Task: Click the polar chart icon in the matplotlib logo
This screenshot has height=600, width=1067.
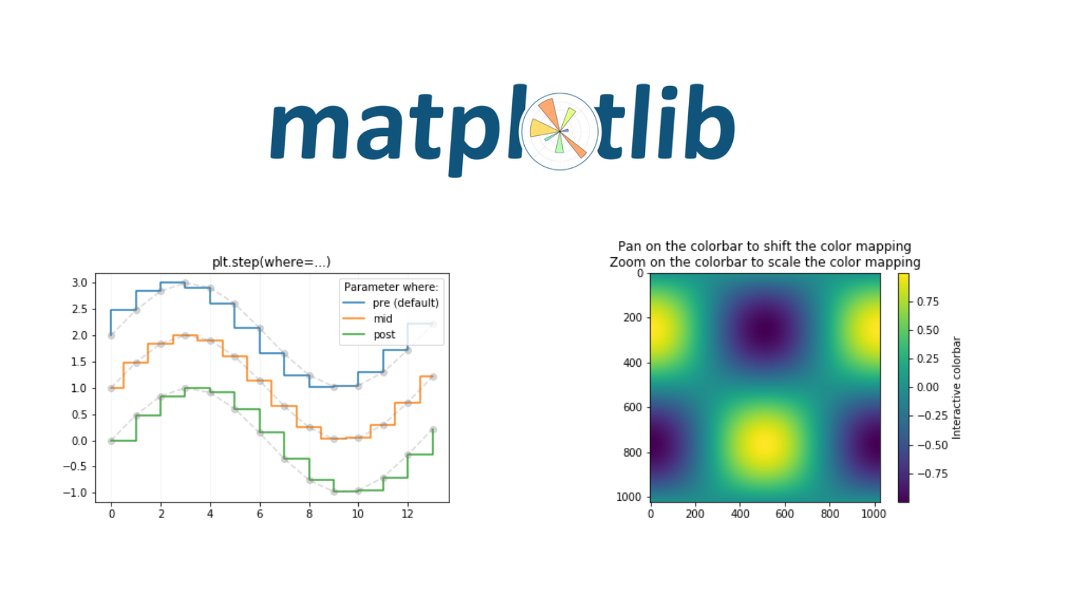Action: tap(560, 131)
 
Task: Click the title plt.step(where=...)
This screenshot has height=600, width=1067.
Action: tap(271, 262)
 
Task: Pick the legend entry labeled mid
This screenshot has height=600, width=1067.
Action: tap(367, 319)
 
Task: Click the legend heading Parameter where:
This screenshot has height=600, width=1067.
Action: tap(391, 287)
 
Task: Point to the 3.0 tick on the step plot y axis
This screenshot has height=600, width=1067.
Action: tap(79, 283)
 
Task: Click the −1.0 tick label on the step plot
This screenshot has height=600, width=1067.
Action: tap(76, 493)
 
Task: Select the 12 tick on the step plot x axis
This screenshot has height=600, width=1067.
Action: tap(407, 514)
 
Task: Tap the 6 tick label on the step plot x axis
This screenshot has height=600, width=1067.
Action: tap(259, 514)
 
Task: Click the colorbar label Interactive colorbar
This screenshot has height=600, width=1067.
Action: tap(956, 387)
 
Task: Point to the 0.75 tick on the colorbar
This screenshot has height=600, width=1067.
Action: tap(928, 302)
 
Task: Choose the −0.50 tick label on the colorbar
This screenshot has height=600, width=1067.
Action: tap(929, 445)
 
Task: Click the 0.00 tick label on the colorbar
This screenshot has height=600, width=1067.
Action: tap(928, 387)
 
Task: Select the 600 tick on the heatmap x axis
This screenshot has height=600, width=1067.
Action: tap(784, 514)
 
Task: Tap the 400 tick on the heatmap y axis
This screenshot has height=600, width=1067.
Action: tap(633, 363)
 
